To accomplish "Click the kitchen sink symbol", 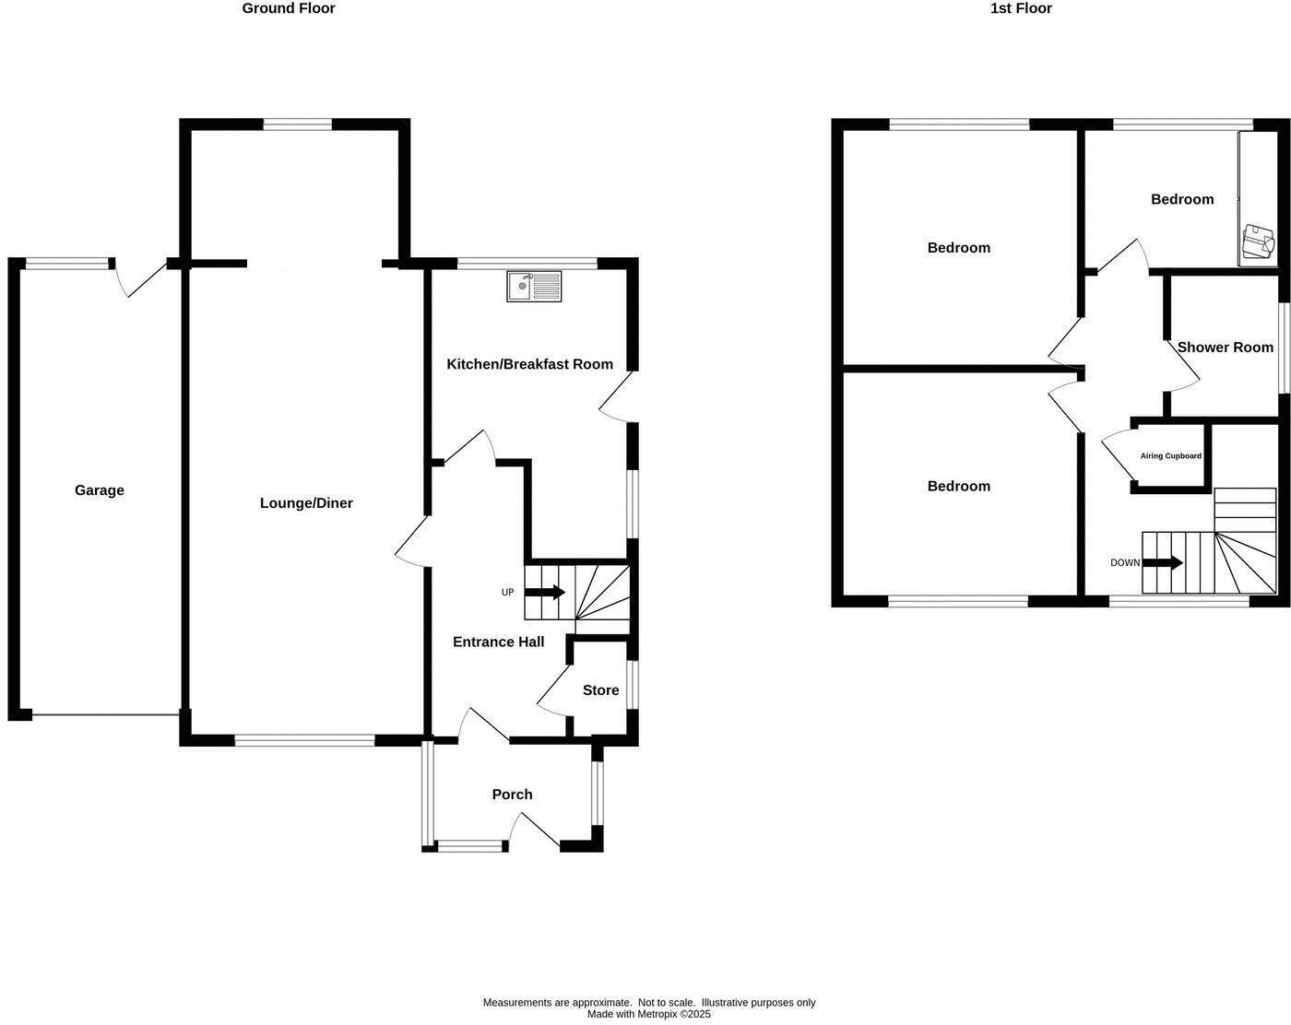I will [534, 286].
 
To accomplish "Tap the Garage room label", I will [100, 490].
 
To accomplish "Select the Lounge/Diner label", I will [306, 503].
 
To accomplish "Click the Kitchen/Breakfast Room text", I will [529, 364].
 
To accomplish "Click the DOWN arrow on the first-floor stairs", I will [1165, 562].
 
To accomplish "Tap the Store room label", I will [600, 690].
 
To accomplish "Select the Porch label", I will [512, 795].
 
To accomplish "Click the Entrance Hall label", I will [498, 642].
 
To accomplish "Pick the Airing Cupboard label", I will [1170, 456].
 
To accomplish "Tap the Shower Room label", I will [1225, 348].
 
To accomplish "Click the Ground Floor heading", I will [288, 8].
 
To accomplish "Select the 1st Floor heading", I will [1021, 8].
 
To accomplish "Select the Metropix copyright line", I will [649, 1014].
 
